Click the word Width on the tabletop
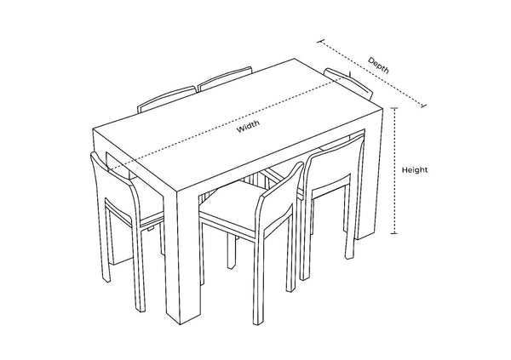(x=249, y=128)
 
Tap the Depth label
(x=380, y=61)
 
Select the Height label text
(x=415, y=169)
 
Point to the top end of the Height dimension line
(x=393, y=108)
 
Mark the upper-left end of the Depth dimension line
(x=319, y=39)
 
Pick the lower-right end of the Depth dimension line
(x=425, y=106)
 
